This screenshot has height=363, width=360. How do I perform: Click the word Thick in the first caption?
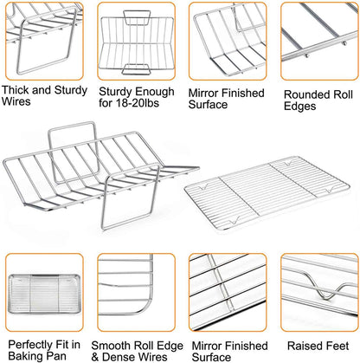click(16, 90)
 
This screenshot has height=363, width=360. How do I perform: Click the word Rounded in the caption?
click(306, 94)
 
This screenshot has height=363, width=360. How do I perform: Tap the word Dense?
click(119, 357)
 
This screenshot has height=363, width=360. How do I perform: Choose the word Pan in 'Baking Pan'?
click(57, 356)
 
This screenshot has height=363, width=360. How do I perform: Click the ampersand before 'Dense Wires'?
click(95, 357)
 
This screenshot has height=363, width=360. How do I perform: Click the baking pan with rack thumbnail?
click(44, 295)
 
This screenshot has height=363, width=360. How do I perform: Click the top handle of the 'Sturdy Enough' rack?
click(137, 18)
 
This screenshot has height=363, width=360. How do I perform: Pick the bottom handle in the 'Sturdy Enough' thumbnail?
click(137, 69)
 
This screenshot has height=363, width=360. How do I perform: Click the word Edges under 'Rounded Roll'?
click(299, 107)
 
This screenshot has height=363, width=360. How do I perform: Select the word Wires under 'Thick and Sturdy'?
click(16, 101)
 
